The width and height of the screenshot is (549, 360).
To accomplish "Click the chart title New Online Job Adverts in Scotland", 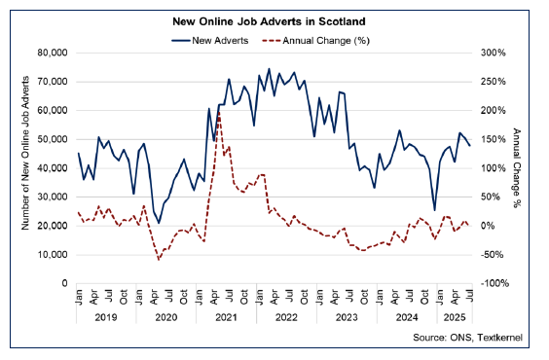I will pos(274,21).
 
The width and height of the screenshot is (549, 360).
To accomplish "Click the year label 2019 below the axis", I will pos(105,317).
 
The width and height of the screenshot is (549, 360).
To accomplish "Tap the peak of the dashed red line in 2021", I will pos(219,112).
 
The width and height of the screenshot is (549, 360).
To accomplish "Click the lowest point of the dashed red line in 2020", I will pos(159,260).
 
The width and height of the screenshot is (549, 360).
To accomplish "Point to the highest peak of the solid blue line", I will pos(269,69).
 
